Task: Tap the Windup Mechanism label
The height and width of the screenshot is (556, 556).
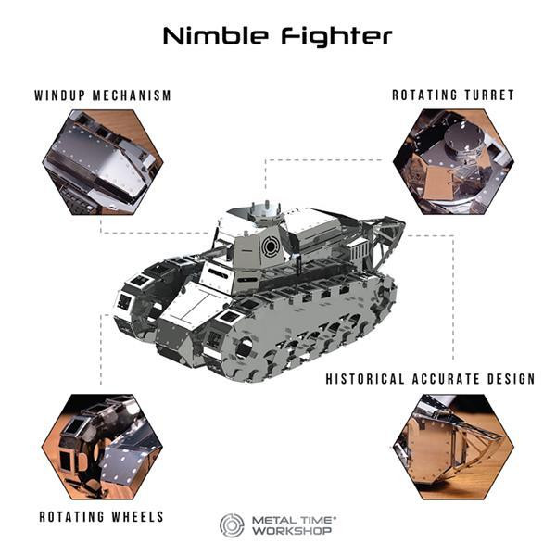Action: [x=103, y=95]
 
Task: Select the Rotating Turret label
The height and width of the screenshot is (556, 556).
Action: [x=452, y=95]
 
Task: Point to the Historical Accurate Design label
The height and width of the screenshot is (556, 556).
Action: [x=430, y=379]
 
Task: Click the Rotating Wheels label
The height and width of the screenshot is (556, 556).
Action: [x=101, y=516]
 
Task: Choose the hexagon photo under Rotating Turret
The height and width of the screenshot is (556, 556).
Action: [x=452, y=163]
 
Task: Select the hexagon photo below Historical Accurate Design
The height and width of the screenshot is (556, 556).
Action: [x=452, y=447]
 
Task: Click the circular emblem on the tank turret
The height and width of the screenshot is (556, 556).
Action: [x=270, y=246]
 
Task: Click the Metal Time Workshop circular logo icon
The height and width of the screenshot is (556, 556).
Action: [x=232, y=525]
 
